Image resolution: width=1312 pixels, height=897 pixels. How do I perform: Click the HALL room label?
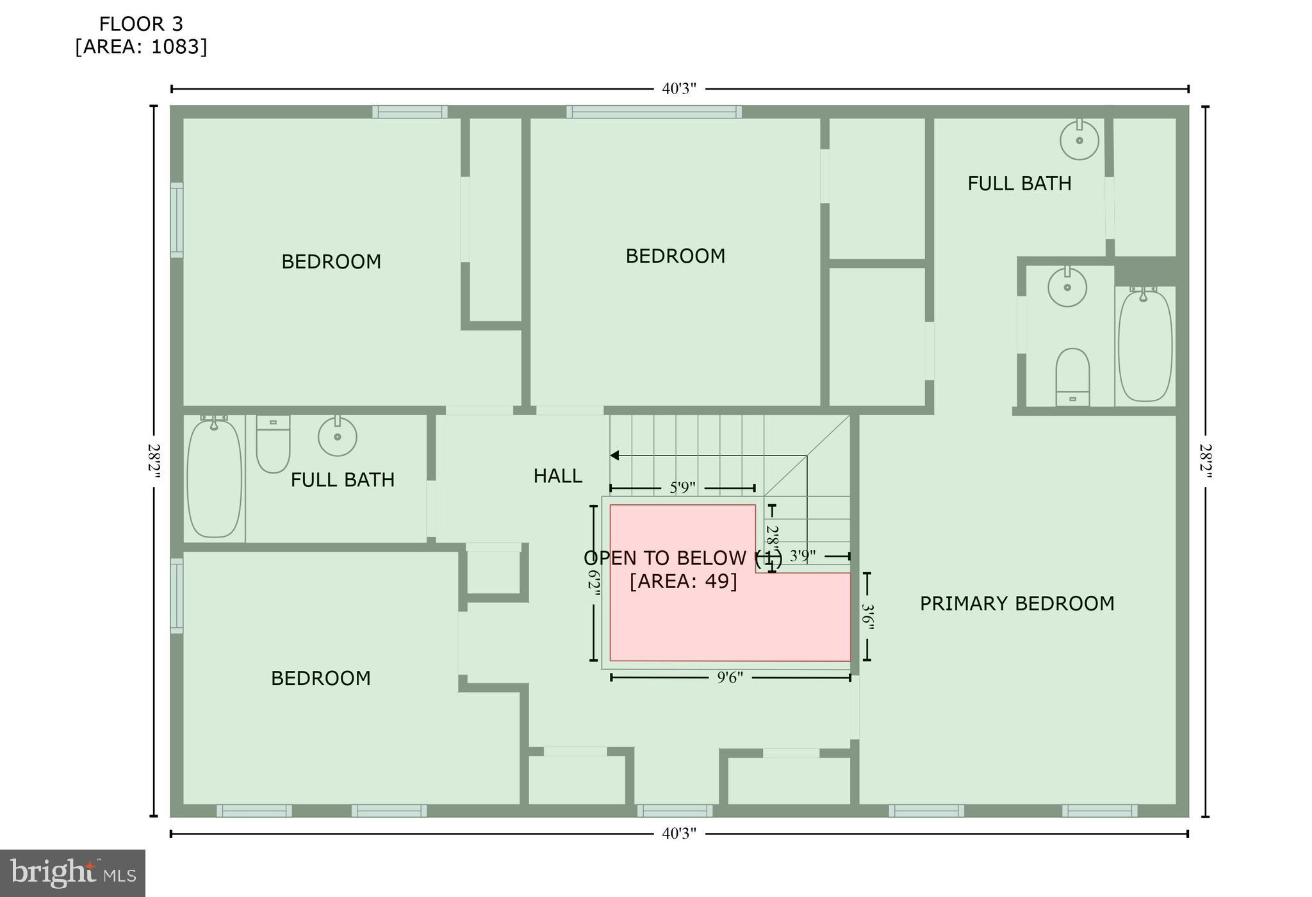[x=557, y=476]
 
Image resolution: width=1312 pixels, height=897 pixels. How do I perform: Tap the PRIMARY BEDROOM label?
[x=1017, y=604]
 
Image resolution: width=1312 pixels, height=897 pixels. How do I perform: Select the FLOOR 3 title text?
[x=141, y=24]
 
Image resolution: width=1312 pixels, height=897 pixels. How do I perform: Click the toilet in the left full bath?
[x=273, y=443]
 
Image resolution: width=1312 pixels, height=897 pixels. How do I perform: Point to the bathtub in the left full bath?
[x=214, y=477]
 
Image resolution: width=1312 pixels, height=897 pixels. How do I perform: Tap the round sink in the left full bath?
[x=337, y=436]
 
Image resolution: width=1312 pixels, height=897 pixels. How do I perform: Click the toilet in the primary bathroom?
[x=1072, y=377]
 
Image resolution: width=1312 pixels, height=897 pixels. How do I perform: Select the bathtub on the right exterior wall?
[x=1145, y=346]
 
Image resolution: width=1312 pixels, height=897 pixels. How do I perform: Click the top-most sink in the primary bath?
[x=1079, y=140]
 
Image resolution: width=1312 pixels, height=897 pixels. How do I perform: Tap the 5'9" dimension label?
[x=682, y=488]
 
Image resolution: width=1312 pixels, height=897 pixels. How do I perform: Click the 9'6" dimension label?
[x=730, y=678]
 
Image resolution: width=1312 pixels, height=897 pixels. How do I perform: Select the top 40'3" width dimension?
[x=678, y=89]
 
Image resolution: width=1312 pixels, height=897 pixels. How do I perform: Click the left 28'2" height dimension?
[x=154, y=461]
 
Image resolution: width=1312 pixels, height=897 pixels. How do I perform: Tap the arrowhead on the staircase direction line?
[x=614, y=456]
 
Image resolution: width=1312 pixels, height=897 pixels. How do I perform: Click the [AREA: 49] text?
[x=683, y=582]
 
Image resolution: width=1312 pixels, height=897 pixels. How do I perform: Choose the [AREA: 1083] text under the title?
[x=141, y=47]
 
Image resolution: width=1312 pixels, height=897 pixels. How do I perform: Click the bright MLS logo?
[x=72, y=873]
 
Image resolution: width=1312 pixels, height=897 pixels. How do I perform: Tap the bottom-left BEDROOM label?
[x=320, y=679]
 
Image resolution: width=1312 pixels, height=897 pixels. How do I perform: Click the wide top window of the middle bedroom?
[x=653, y=112]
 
